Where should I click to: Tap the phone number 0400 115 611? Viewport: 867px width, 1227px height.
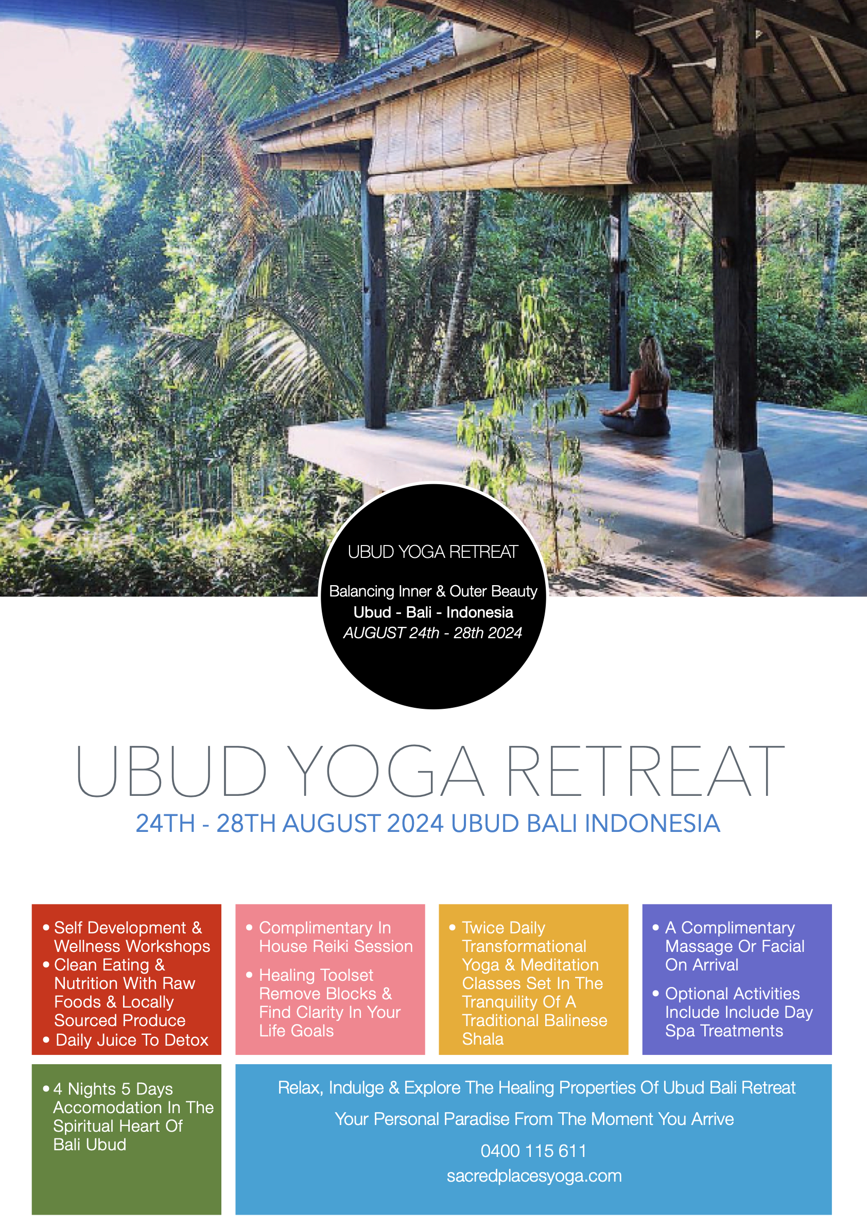[533, 1151]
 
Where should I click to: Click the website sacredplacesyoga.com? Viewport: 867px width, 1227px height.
[534, 1175]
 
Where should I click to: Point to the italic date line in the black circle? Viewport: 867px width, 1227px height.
[432, 633]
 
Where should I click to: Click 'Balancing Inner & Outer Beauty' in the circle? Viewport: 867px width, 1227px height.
[432, 591]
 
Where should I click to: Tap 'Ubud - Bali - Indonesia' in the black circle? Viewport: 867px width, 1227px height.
[433, 612]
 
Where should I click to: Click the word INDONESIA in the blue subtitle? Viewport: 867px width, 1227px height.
[652, 824]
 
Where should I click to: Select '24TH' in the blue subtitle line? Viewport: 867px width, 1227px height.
[165, 824]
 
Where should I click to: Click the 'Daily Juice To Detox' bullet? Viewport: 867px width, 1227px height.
[132, 1040]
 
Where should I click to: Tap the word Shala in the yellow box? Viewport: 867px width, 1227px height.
[483, 1039]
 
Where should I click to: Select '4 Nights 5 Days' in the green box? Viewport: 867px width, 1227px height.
[113, 1088]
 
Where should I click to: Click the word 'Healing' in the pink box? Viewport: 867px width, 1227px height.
[286, 975]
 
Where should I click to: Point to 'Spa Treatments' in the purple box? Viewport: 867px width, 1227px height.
[724, 1031]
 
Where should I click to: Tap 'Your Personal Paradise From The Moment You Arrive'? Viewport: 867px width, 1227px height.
[534, 1119]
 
